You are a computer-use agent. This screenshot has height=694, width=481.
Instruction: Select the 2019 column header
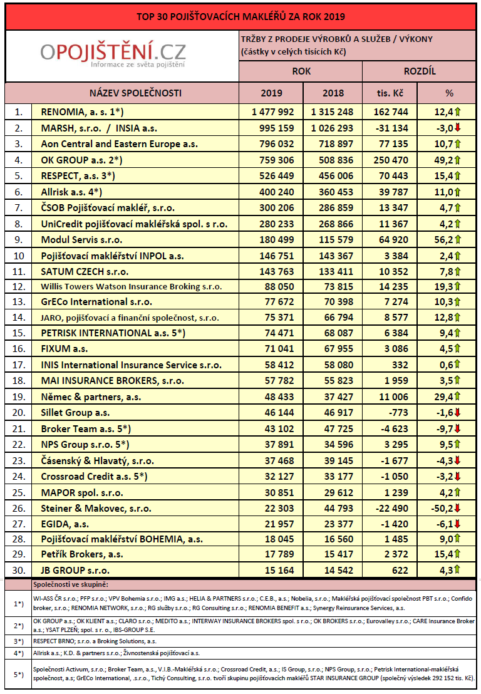(271, 93)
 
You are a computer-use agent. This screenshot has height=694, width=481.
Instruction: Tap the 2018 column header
(333, 93)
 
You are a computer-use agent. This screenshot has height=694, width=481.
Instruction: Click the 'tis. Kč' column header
(390, 93)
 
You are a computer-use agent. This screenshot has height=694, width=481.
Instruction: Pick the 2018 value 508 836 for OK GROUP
(333, 160)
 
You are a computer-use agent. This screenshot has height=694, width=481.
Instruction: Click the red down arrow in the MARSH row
(458, 128)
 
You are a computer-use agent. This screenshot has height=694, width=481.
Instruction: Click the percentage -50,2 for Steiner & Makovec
(442, 507)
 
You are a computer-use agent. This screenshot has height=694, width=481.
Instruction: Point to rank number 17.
(19, 365)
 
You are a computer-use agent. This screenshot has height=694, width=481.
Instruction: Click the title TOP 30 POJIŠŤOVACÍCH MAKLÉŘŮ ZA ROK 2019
(240, 16)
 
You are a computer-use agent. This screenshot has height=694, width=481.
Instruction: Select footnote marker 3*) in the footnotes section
(19, 641)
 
